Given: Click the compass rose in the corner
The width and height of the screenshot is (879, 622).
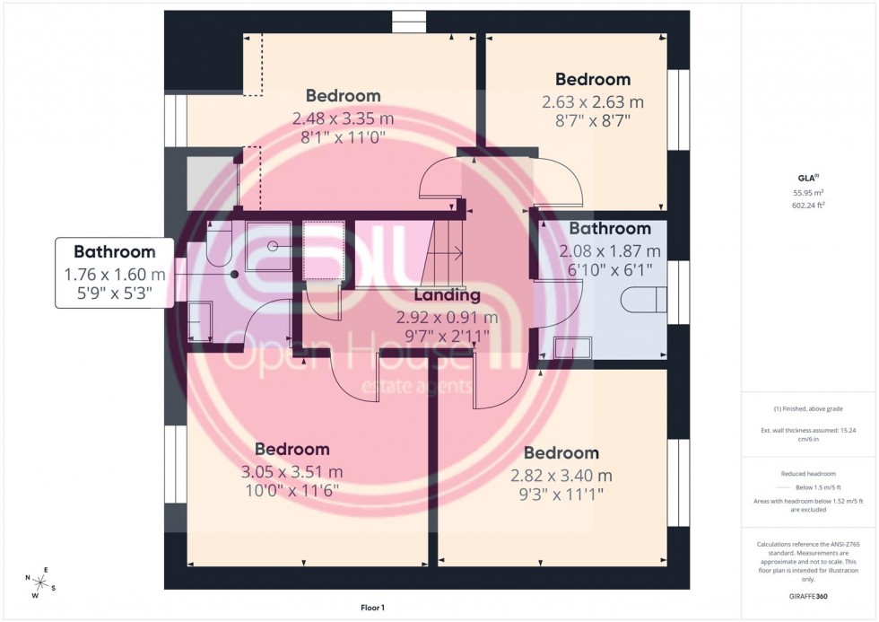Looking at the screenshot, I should click(41, 581).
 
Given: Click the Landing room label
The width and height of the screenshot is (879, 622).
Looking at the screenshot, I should click(447, 294).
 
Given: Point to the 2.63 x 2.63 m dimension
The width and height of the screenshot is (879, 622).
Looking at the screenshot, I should click(592, 101).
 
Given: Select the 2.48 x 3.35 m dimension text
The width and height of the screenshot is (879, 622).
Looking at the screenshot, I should click(343, 118).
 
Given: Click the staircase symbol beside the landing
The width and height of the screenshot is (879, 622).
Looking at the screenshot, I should click(444, 251).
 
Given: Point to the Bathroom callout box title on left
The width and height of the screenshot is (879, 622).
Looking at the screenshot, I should click(114, 252).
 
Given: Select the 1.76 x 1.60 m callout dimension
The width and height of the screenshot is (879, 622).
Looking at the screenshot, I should click(114, 275).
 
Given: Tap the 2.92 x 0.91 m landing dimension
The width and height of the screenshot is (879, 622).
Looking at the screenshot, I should click(447, 317).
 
